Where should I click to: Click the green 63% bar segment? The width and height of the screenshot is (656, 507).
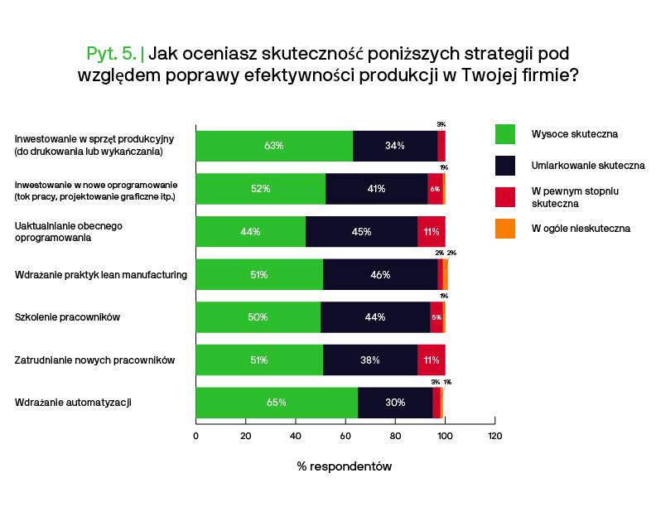(274, 146)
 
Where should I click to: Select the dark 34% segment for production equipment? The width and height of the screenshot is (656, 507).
(395, 146)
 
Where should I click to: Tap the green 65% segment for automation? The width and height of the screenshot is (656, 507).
(277, 403)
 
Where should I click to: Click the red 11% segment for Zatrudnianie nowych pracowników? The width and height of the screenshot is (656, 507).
(431, 360)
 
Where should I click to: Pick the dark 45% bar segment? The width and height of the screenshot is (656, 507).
(361, 232)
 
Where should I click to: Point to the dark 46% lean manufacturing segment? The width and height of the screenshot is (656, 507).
(380, 275)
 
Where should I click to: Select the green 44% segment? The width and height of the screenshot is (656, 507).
(250, 232)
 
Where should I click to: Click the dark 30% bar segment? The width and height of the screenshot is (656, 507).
(395, 403)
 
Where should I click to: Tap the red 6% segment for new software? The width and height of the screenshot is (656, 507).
(435, 189)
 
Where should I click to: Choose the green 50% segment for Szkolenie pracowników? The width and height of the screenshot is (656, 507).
(258, 317)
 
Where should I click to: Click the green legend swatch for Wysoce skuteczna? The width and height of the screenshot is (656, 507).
(504, 133)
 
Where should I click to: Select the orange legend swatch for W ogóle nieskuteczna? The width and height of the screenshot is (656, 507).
(504, 229)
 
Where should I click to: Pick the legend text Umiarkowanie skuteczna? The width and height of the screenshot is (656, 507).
(587, 166)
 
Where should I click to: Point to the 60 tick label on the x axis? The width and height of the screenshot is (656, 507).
(345, 436)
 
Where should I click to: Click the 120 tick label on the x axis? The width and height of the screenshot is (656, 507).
(494, 436)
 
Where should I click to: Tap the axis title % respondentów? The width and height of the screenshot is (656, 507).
(345, 466)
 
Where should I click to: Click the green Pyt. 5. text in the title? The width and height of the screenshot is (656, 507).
(112, 54)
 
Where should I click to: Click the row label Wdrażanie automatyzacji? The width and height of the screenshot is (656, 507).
(74, 403)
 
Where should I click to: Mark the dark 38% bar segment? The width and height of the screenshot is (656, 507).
(370, 360)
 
